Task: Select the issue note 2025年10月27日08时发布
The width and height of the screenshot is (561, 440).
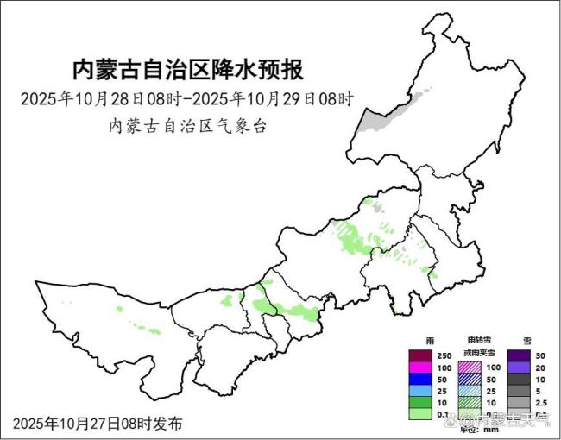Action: [98, 424]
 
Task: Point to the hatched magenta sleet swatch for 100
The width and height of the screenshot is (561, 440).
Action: [468, 368]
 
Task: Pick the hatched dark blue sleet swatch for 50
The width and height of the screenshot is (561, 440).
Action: [468, 380]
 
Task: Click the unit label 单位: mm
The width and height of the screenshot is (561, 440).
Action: [479, 429]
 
